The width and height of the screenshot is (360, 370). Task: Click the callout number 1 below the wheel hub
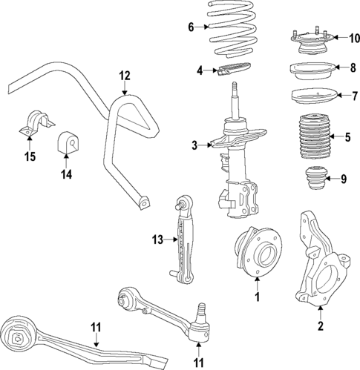tap(257, 298)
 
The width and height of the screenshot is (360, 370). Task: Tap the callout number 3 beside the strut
tap(195, 145)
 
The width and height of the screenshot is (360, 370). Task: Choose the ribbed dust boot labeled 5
tap(312, 138)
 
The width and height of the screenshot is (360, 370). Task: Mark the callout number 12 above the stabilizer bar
tap(124, 75)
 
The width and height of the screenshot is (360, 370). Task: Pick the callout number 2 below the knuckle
tap(320, 324)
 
